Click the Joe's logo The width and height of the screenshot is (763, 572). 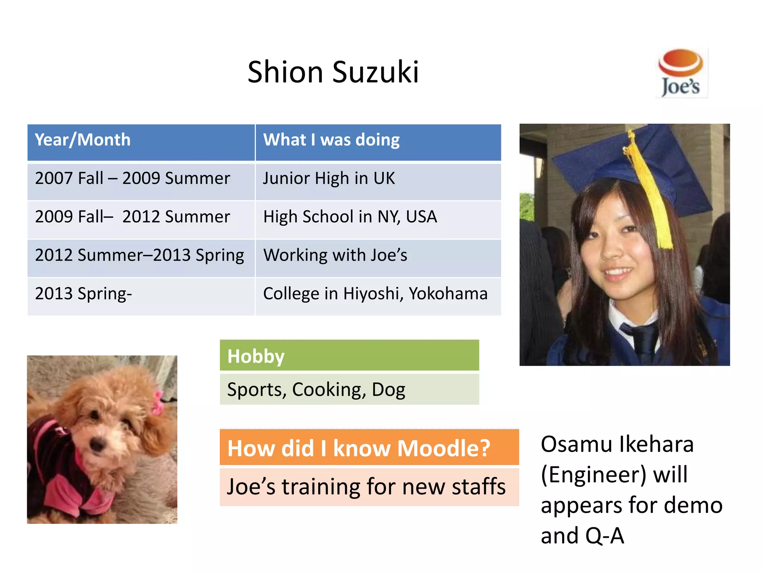(x=681, y=73)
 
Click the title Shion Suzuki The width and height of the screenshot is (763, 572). (x=333, y=72)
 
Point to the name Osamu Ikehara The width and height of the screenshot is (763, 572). (x=617, y=444)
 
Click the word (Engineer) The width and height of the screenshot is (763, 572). (x=593, y=475)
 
